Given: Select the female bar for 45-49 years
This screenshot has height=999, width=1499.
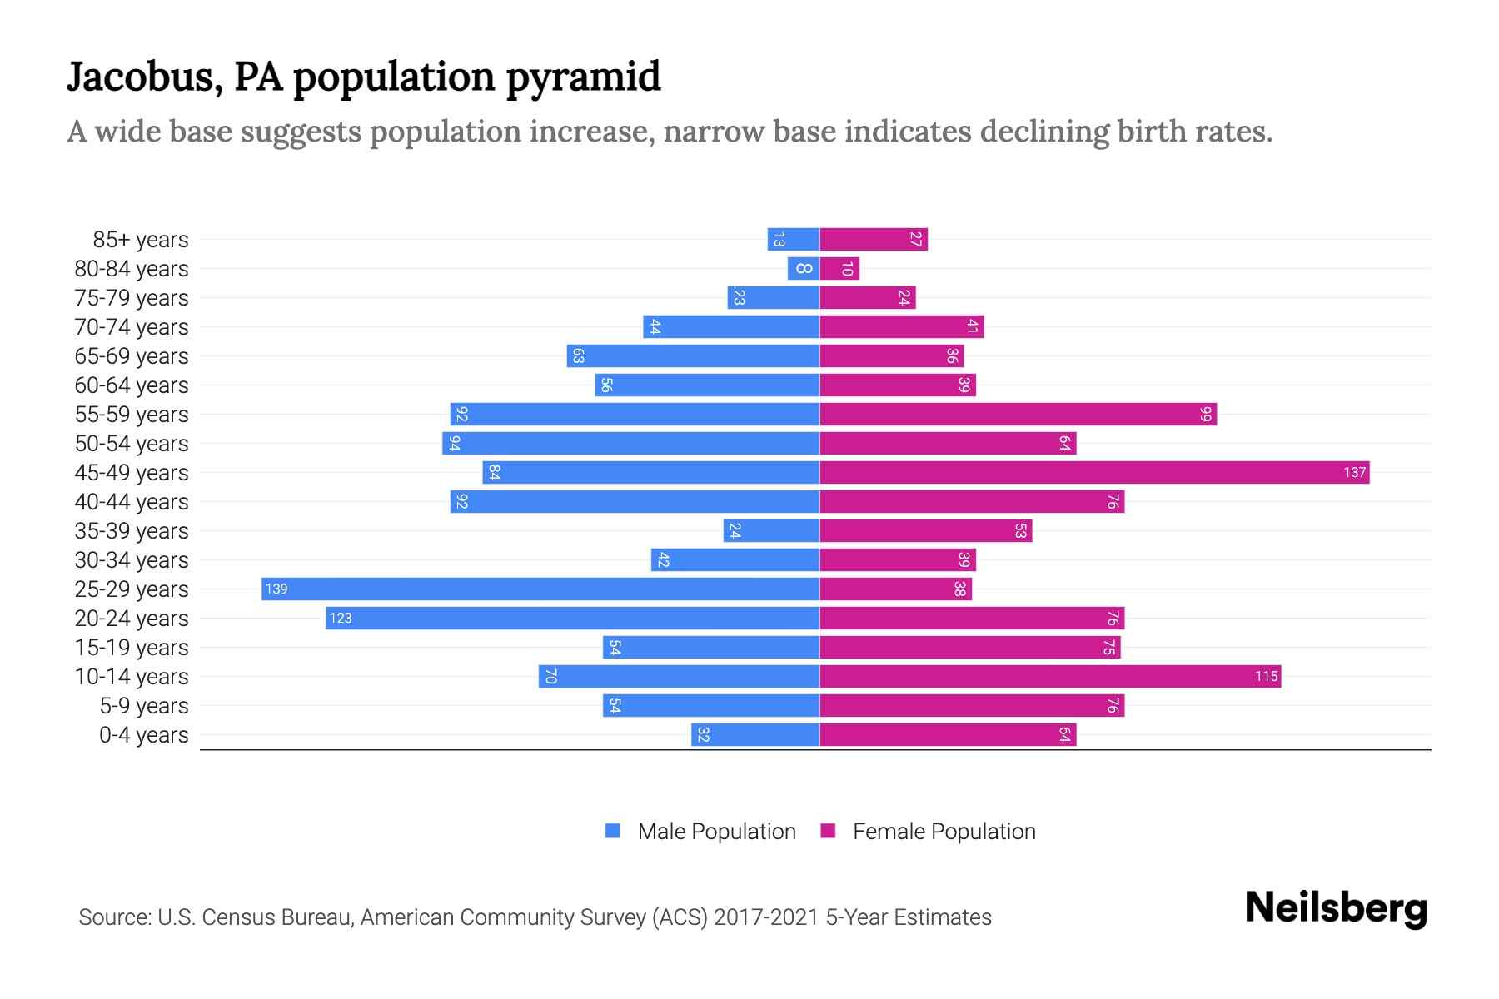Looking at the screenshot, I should click(1094, 473).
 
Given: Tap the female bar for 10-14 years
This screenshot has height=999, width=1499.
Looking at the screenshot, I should click(1049, 677).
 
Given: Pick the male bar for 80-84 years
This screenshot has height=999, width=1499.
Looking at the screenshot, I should click(804, 269).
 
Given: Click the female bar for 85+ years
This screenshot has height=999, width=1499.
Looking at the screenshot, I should click(874, 240).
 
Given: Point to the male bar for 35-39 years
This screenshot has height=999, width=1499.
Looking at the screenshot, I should click(771, 531).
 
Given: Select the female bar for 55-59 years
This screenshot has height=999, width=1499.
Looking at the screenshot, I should click(1018, 415).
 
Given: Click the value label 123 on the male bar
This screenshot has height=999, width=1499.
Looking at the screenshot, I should click(341, 619).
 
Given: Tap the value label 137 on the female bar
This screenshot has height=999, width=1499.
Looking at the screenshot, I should click(1354, 473).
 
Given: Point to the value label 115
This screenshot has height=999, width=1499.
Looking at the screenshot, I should click(1266, 677).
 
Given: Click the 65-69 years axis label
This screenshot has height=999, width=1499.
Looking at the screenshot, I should click(132, 356).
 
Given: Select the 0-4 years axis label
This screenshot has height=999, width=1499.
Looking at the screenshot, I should click(143, 735).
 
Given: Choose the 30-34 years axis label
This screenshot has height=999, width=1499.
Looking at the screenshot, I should click(132, 560).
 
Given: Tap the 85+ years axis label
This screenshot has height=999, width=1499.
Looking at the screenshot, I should click(141, 240).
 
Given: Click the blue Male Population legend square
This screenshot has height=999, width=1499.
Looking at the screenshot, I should click(613, 831).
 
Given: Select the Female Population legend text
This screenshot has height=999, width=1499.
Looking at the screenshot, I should click(944, 832).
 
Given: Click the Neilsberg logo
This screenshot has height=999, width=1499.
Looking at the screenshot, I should click(1336, 908).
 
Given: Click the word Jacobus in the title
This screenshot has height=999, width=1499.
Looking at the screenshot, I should click(142, 77).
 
